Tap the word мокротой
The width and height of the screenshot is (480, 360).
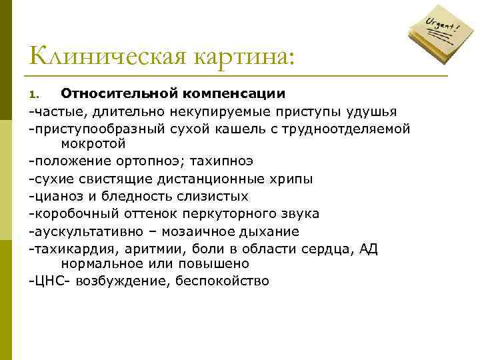(93, 143)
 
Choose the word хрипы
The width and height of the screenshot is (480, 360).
(293, 179)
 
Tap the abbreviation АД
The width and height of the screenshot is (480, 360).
(368, 248)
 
